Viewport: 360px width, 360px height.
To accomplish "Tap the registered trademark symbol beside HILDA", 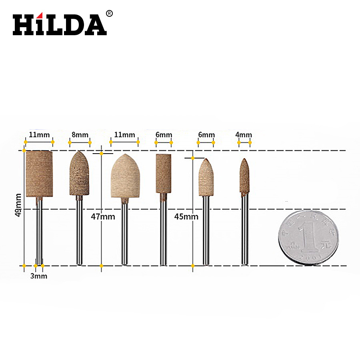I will (x=109, y=14).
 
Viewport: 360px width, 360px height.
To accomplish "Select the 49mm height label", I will (x=18, y=205).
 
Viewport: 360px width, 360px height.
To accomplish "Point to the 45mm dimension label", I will (x=186, y=216).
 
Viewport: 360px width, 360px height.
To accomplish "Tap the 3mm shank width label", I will (x=39, y=276).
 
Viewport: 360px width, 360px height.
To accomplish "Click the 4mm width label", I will (x=244, y=135).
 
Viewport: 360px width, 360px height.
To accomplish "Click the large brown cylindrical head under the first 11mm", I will (x=39, y=174).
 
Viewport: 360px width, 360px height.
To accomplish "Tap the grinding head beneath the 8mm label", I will (x=79, y=174).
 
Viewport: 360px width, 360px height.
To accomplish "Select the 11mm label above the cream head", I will (x=124, y=135).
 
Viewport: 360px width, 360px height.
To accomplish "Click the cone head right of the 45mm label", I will (x=206, y=178).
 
